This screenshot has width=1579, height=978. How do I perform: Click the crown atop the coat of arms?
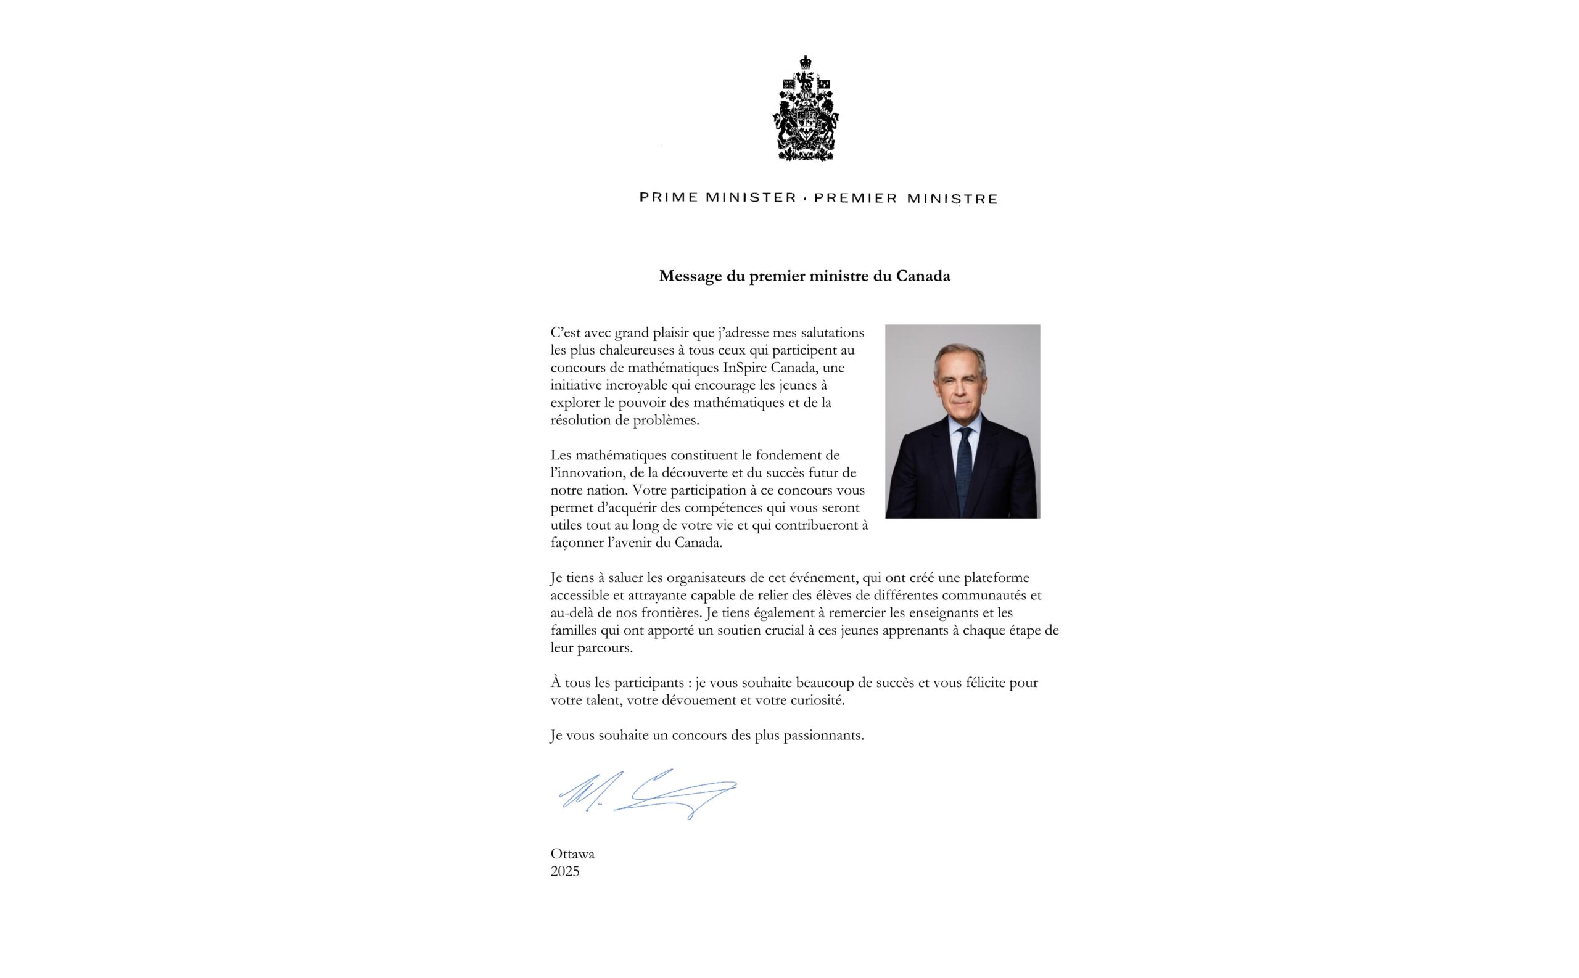806,62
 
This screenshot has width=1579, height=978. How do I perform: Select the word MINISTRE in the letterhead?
952,199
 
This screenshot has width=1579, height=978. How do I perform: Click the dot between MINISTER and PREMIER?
805,199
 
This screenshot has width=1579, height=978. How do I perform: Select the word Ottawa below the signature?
572,854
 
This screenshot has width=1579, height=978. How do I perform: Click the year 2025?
565,871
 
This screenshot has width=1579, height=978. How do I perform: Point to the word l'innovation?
587,473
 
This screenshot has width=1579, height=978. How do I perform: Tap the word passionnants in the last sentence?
823,736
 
